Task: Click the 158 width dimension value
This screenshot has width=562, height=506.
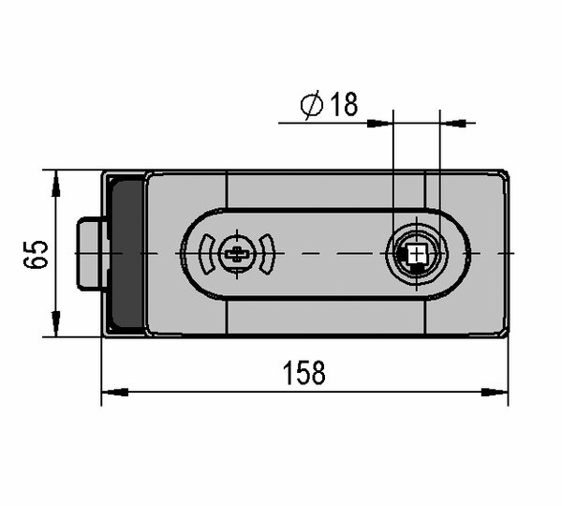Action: (303, 373)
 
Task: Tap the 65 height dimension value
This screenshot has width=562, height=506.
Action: (36, 254)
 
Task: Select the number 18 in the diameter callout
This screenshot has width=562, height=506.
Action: (344, 104)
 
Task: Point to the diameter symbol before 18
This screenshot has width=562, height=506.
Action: (312, 105)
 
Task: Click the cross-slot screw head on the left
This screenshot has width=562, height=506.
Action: (237, 254)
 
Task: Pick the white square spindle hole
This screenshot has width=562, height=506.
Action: (416, 254)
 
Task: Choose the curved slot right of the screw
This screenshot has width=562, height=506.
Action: (268, 254)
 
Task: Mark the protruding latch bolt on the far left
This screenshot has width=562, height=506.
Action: (90, 254)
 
